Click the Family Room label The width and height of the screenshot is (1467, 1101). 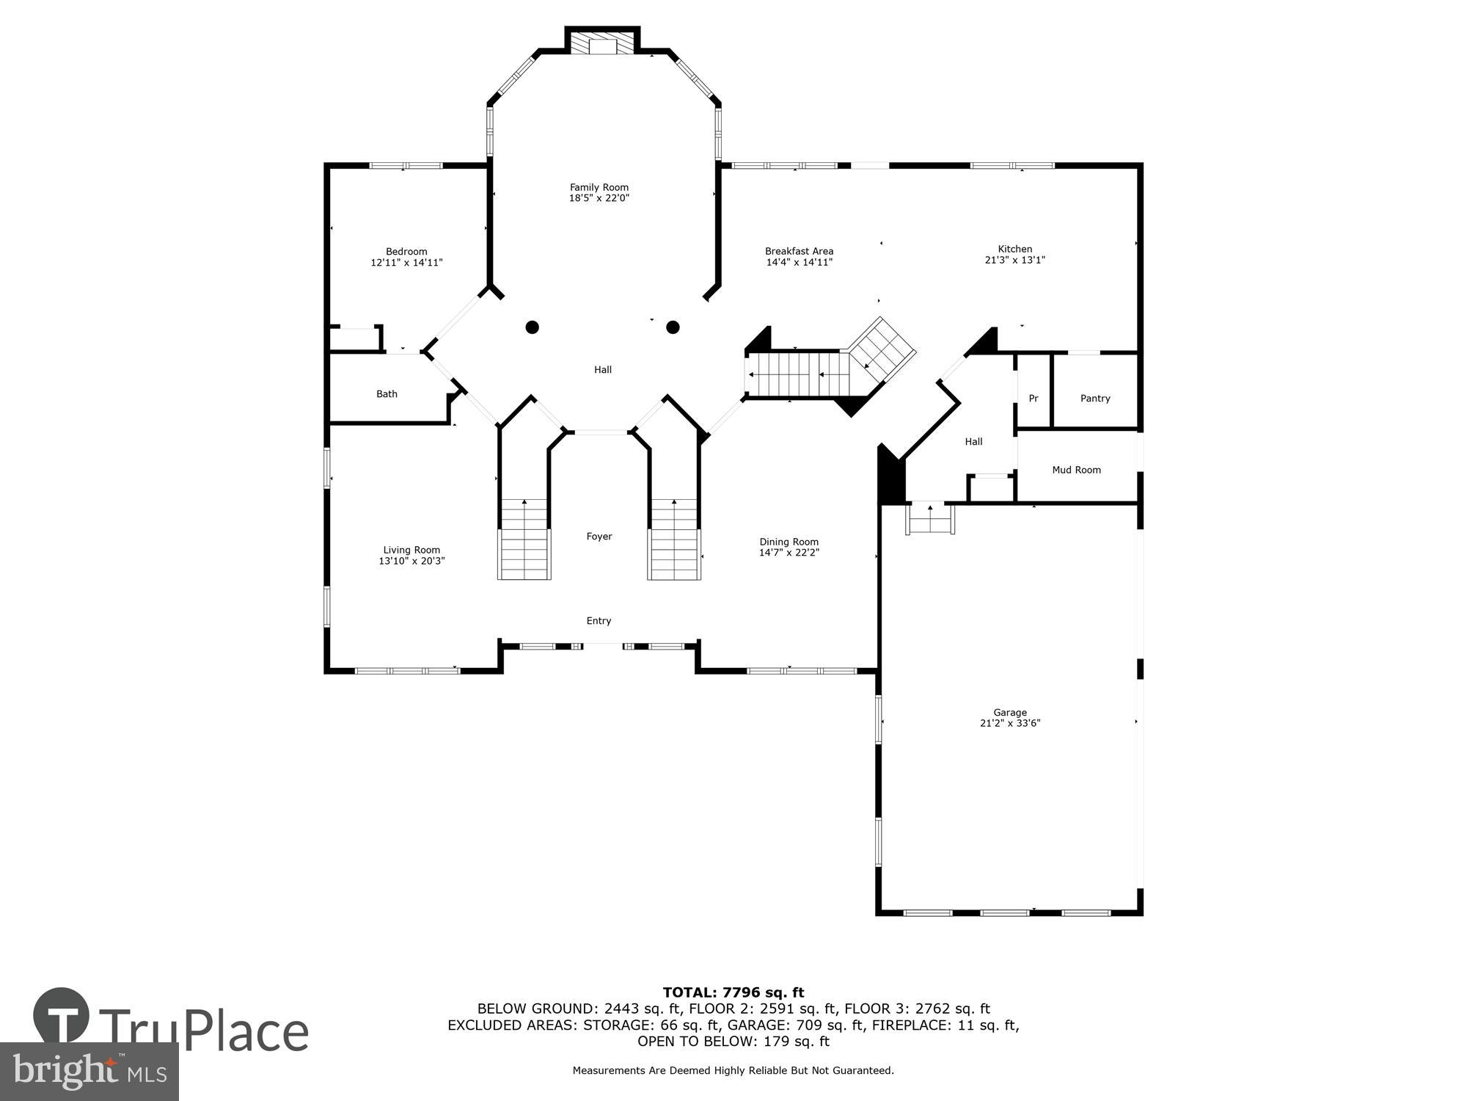599,187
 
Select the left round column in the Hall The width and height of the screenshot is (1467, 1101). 533,327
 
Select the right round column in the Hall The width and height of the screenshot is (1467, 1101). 673,327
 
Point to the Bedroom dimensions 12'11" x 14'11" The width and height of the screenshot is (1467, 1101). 406,262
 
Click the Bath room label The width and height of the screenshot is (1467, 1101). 387,394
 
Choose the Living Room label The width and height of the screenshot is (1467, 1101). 411,550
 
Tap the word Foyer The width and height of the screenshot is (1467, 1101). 599,537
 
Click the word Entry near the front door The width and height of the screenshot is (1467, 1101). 599,621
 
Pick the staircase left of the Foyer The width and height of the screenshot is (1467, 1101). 524,539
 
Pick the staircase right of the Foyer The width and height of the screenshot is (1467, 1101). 673,539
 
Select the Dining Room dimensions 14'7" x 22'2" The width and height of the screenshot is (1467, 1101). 789,553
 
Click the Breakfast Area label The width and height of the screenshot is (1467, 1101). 799,251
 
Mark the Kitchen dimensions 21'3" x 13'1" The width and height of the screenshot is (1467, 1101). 1014,260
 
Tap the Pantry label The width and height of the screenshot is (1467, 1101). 1095,399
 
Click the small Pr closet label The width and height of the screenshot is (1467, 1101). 1033,399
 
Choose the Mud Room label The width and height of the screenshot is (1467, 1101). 1076,470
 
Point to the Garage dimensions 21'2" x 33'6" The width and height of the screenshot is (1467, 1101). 1009,723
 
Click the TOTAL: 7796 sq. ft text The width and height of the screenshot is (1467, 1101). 733,993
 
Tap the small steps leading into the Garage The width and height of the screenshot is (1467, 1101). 931,520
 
